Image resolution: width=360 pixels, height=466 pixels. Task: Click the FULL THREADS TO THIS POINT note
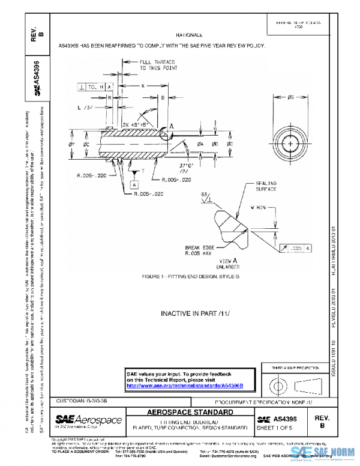point(158,65)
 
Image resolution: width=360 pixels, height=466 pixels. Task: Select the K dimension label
point(143,86)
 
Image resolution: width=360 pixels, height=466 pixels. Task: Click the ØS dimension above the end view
point(291,98)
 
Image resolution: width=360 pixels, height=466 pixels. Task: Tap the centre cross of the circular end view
point(291,145)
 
